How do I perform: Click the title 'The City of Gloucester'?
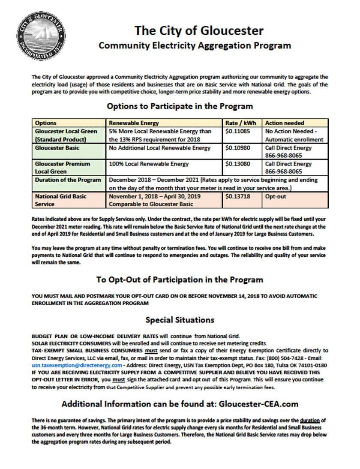[199, 30]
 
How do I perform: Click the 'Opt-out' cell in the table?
[276, 196]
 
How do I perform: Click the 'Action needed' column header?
[285, 123]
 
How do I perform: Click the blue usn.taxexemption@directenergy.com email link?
[77, 365]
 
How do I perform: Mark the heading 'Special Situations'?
[180, 320]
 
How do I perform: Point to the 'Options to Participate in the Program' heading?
[180, 106]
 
